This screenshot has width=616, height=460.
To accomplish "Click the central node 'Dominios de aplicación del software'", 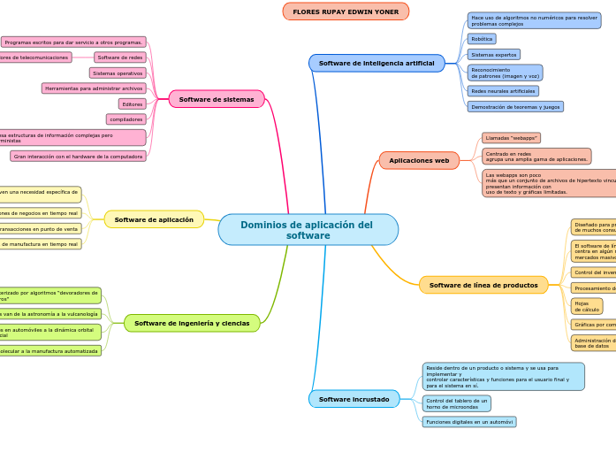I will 308,230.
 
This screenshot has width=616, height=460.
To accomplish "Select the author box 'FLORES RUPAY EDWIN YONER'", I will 346,11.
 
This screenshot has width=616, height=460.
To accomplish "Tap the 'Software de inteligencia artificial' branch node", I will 376,64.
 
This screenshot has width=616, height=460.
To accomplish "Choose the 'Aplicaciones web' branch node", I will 419,160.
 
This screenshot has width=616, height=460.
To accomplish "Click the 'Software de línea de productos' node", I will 483,285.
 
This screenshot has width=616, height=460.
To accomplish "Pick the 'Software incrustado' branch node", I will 354,399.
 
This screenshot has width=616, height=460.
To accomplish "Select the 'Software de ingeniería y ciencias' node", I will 192,323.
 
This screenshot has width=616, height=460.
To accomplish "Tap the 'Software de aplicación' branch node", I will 154,219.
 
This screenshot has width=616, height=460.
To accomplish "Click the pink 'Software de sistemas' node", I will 217,99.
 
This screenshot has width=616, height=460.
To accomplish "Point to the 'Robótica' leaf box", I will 482,39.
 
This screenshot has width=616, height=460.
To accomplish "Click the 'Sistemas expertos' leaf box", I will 493,55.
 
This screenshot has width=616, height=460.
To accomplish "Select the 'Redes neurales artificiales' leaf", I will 503,91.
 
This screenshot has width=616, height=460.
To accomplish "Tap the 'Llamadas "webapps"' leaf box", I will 511,138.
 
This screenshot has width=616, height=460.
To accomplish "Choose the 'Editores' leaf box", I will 133,103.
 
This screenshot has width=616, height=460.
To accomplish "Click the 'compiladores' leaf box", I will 126,119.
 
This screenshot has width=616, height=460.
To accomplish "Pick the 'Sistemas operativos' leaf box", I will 118,73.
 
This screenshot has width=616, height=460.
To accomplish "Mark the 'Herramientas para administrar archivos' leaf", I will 94,88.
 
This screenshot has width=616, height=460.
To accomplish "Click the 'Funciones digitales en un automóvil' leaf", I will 468,422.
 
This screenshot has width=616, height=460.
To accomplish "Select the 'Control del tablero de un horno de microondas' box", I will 456,403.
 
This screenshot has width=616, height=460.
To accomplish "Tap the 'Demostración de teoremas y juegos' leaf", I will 514,106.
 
